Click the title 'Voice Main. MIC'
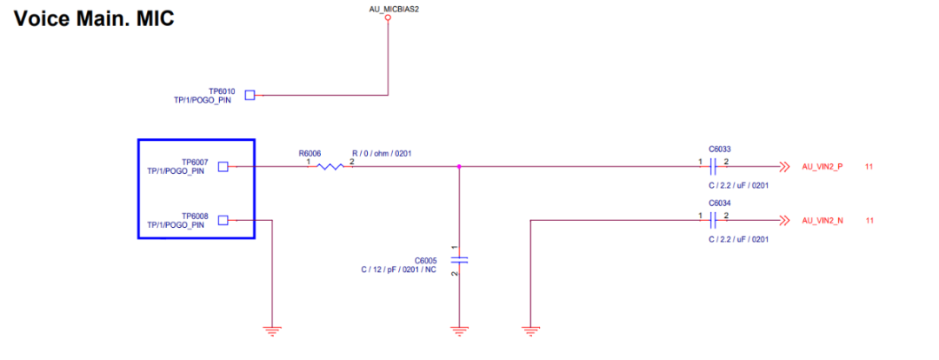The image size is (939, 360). [94, 18]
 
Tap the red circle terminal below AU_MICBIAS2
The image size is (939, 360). [389, 18]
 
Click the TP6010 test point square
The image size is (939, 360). [250, 95]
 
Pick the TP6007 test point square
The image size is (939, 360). [223, 166]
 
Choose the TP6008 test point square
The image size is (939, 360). [223, 220]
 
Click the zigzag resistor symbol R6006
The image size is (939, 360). [330, 166]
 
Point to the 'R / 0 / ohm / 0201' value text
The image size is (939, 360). [382, 154]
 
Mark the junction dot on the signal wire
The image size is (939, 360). [459, 166]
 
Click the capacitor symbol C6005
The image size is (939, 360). [459, 260]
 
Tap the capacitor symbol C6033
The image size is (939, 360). [714, 166]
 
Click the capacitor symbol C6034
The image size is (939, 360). [714, 220]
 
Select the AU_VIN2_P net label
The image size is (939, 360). [822, 166]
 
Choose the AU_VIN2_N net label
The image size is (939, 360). [822, 220]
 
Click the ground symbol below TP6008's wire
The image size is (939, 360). [273, 330]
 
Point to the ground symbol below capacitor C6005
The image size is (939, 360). [459, 330]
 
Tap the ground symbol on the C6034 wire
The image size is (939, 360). [530, 330]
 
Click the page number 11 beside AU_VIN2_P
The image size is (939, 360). [869, 166]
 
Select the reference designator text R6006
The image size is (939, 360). [310, 153]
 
